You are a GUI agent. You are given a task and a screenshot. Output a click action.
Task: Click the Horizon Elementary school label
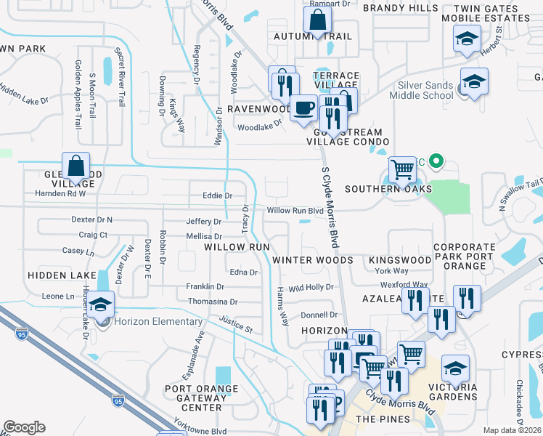point(157,322)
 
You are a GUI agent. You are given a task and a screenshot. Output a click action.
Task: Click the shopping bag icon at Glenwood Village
point(76,166)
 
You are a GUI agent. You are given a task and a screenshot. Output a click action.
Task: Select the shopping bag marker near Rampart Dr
point(318,19)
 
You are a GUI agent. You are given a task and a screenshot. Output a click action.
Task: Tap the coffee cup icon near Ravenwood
point(303,108)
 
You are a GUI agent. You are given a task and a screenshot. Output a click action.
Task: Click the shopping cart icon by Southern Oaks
point(402,170)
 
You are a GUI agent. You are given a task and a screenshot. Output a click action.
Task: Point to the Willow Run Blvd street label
point(295,211)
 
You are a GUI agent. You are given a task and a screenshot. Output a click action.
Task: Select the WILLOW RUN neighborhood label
point(237,247)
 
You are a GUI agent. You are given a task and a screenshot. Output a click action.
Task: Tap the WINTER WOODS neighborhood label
point(313,259)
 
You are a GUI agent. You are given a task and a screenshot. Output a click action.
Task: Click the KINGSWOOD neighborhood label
point(400,259)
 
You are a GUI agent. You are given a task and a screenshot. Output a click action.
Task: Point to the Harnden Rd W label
point(61,193)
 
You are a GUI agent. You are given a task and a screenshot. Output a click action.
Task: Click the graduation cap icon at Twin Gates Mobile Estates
point(467,40)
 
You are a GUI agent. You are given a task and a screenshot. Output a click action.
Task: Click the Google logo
point(24,427)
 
